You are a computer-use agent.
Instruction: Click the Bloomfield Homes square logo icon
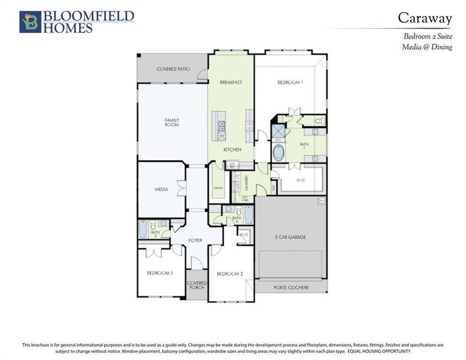31,21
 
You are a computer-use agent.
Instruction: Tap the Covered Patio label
173,69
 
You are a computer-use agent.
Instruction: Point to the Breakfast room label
231,82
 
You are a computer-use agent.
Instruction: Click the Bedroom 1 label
290,82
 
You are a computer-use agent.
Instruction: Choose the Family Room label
172,122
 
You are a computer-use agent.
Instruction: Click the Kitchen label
232,149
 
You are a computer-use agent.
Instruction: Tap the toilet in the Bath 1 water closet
320,121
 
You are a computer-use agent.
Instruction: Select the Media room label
161,189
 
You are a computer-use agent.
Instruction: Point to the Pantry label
218,188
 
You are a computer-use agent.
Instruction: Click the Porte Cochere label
291,287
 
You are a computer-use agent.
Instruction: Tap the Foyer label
195,240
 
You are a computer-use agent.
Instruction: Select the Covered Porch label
197,285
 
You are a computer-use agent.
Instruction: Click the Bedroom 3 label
160,273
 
